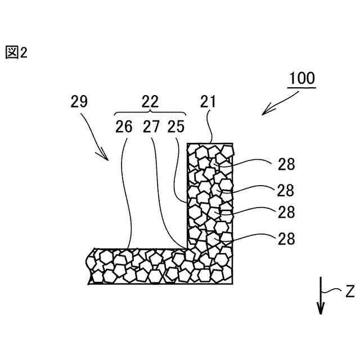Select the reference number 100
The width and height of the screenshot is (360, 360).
click(x=302, y=78)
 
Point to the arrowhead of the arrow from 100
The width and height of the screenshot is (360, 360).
click(x=264, y=112)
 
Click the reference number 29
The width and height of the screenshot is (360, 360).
click(x=79, y=101)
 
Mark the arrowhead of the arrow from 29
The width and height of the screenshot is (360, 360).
click(x=108, y=159)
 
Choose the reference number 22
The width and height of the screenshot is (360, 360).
click(x=150, y=101)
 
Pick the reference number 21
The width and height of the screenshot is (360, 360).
click(x=208, y=101)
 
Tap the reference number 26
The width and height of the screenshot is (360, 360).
click(x=124, y=127)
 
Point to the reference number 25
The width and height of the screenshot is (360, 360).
click(x=175, y=127)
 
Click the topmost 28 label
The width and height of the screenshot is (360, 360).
click(x=286, y=164)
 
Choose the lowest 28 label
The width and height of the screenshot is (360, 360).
click(x=286, y=238)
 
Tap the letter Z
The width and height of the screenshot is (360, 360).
click(x=349, y=291)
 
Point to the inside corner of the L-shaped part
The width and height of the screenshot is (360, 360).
click(x=188, y=248)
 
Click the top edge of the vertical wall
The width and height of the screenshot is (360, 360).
click(x=210, y=143)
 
